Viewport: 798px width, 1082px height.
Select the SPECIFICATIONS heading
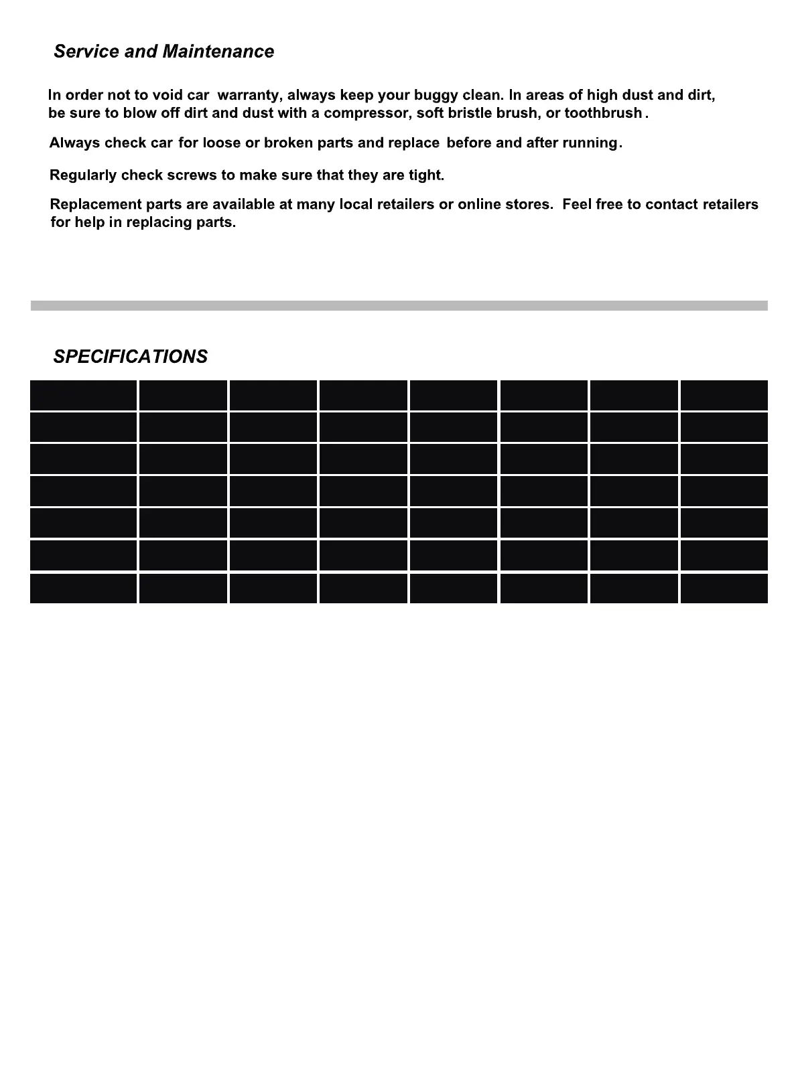click(131, 356)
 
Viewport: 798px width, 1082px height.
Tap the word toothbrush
click(603, 113)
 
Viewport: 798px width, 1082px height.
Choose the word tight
click(426, 175)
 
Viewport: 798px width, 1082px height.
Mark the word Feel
click(577, 204)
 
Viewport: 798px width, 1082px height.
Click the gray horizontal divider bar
click(399, 305)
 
